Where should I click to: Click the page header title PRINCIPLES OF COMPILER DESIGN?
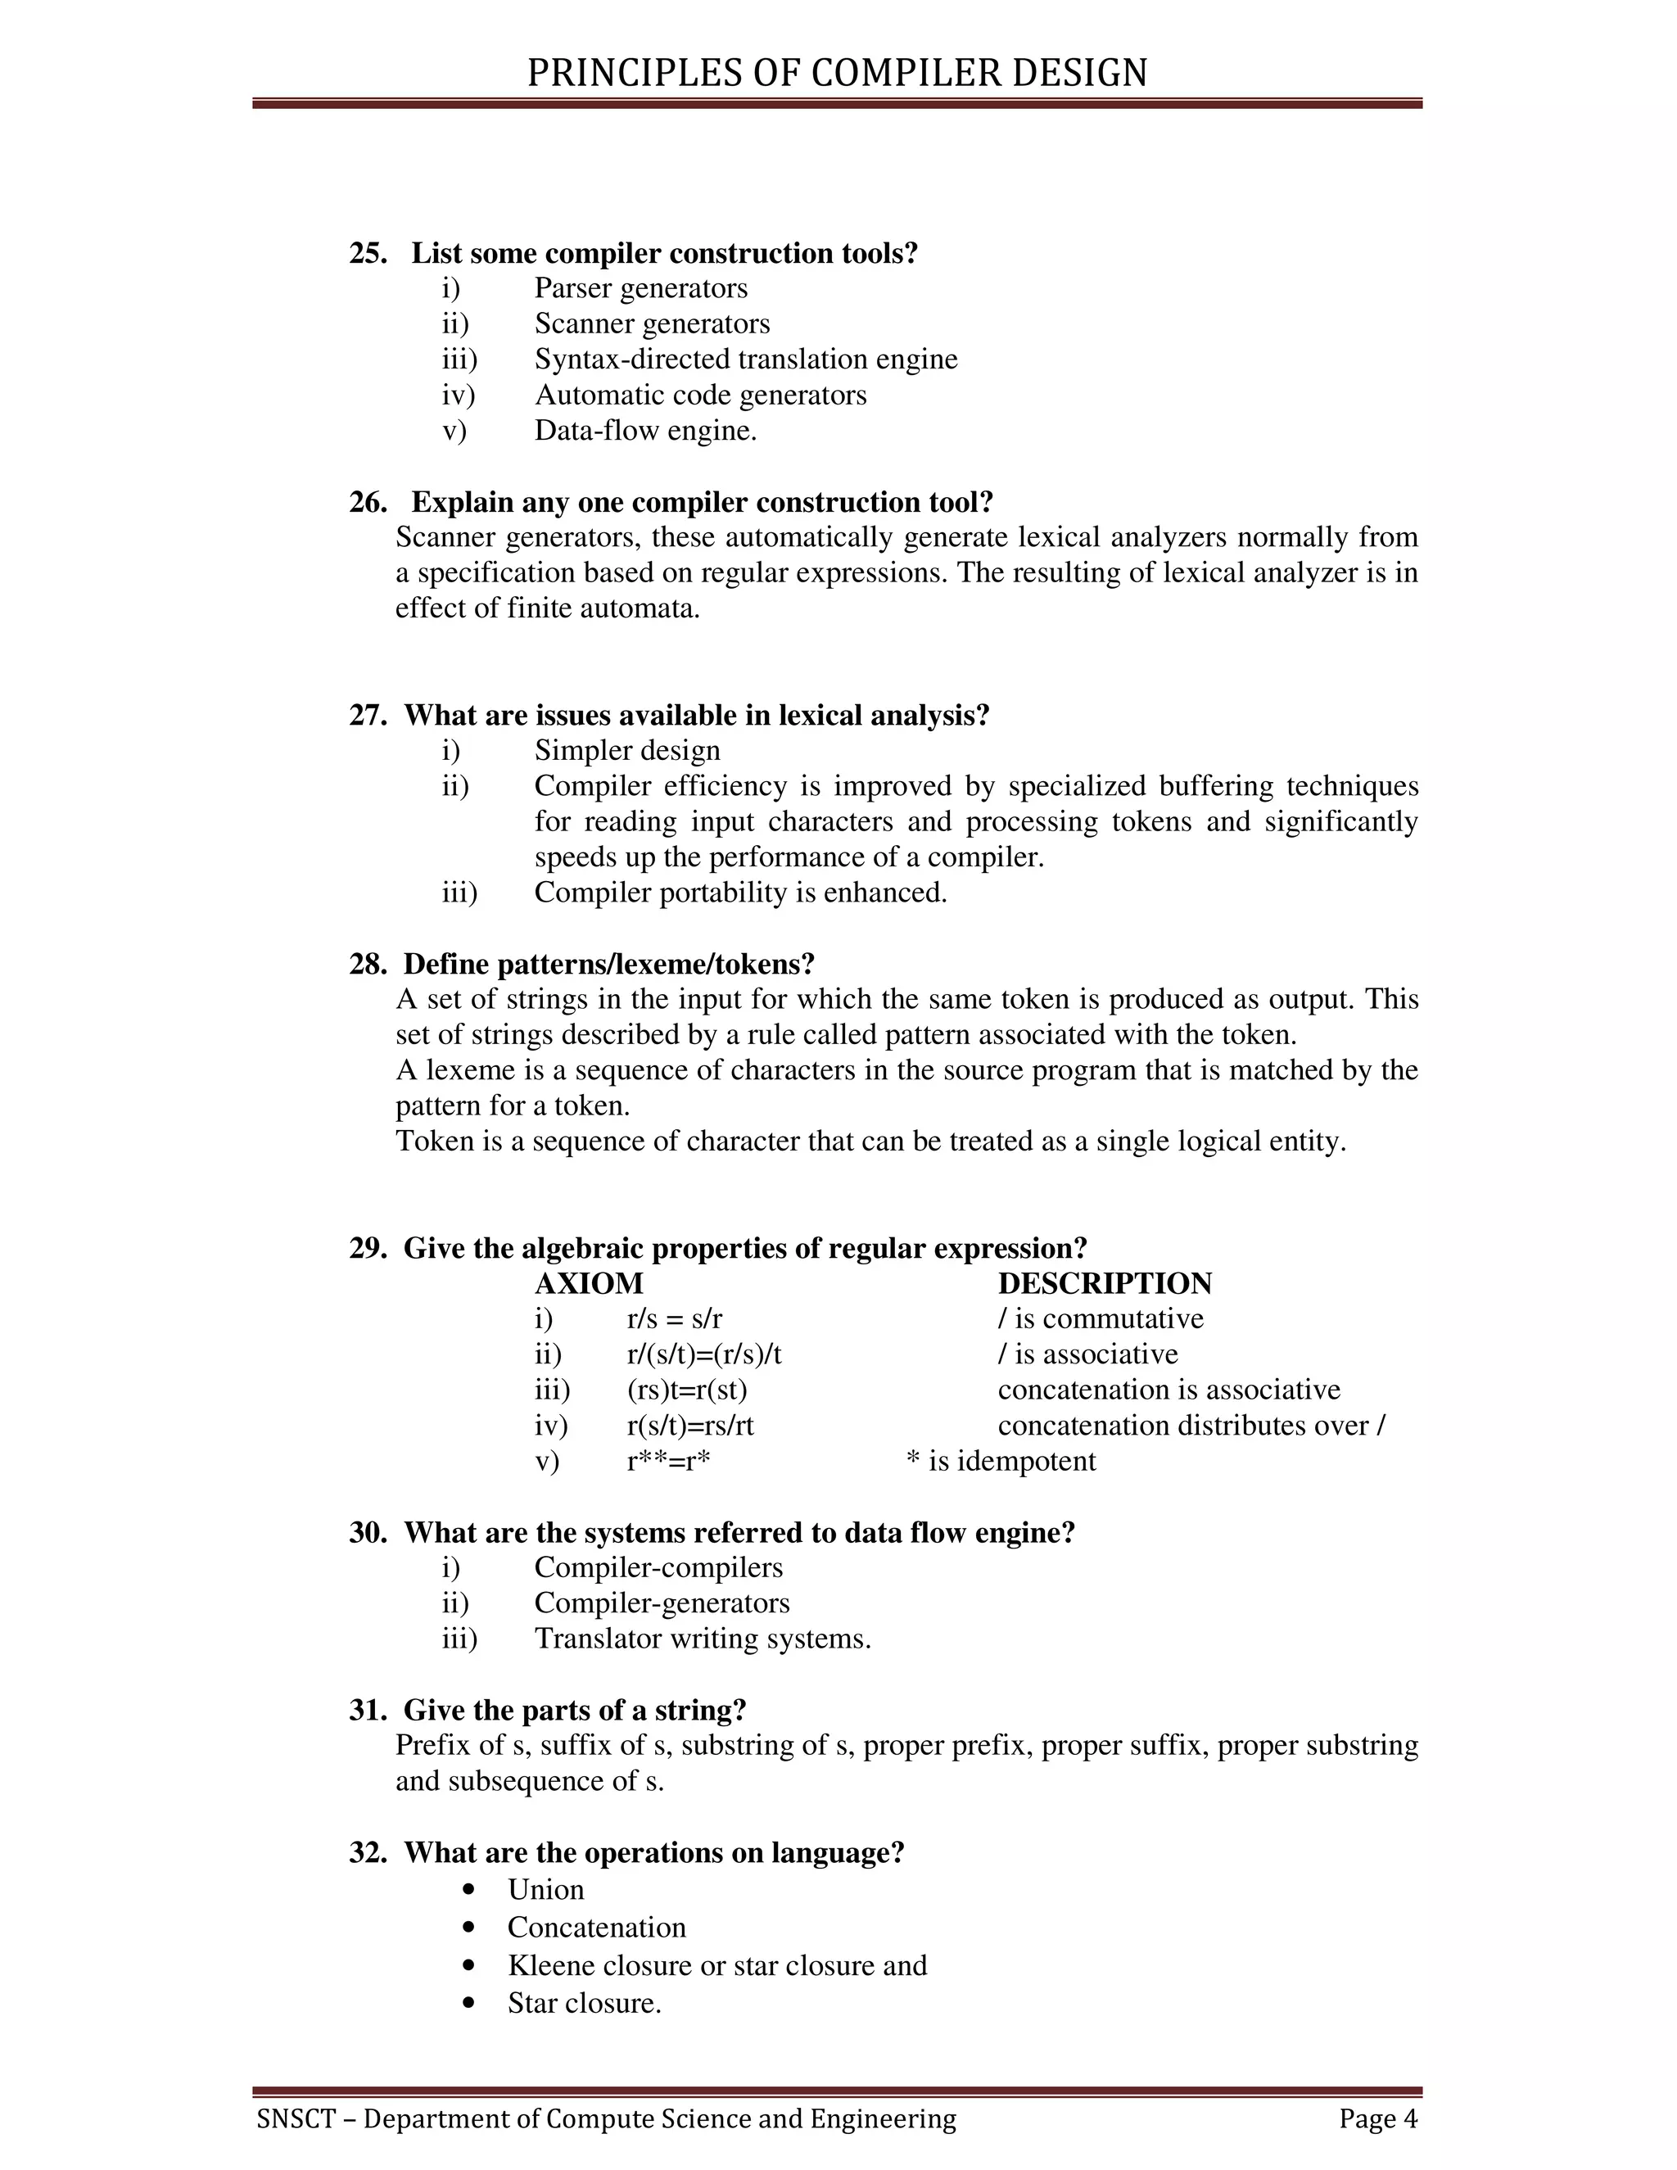837,74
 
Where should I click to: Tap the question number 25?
368,253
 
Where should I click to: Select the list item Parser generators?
641,288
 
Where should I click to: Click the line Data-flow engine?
646,430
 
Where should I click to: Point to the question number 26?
368,502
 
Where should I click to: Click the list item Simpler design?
627,750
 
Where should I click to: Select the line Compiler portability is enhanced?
740,893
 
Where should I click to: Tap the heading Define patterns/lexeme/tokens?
608,964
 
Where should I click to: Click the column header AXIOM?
589,1284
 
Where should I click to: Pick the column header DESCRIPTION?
1105,1284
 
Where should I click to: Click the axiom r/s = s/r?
675,1319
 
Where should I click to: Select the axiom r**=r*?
669,1462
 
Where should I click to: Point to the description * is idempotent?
1001,1462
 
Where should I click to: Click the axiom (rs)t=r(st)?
686,1390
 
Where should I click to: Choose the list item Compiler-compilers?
658,1568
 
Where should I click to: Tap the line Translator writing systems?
703,1639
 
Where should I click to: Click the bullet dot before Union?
469,1889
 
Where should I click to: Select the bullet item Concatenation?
596,1928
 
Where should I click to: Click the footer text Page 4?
1378,2118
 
